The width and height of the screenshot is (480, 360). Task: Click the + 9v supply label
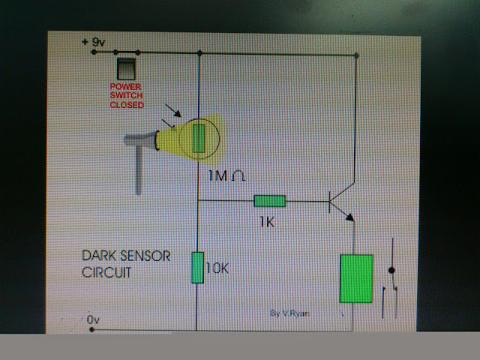click(x=94, y=43)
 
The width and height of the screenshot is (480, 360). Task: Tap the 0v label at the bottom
click(x=92, y=320)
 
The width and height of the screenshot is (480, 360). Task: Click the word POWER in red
click(x=125, y=87)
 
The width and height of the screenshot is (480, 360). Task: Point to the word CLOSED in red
click(x=125, y=105)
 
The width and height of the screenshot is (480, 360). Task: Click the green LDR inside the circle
click(x=199, y=139)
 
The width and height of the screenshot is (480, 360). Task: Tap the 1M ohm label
click(x=226, y=175)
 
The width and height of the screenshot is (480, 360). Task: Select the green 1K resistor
click(x=269, y=201)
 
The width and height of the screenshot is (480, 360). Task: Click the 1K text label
click(x=266, y=222)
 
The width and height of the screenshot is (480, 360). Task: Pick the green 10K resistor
click(x=197, y=268)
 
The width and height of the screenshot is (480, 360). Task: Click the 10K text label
click(x=217, y=268)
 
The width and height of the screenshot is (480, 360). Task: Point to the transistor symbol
click(x=337, y=200)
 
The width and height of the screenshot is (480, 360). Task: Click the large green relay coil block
click(x=356, y=278)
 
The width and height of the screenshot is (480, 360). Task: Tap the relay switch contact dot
click(x=390, y=270)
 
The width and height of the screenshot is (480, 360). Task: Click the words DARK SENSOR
click(x=126, y=256)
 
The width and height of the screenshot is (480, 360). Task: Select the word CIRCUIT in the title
click(x=106, y=273)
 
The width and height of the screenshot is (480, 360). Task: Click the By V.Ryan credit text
click(x=289, y=313)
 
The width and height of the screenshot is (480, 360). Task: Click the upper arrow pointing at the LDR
click(x=173, y=112)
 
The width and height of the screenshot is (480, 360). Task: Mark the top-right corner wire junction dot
click(x=355, y=55)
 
